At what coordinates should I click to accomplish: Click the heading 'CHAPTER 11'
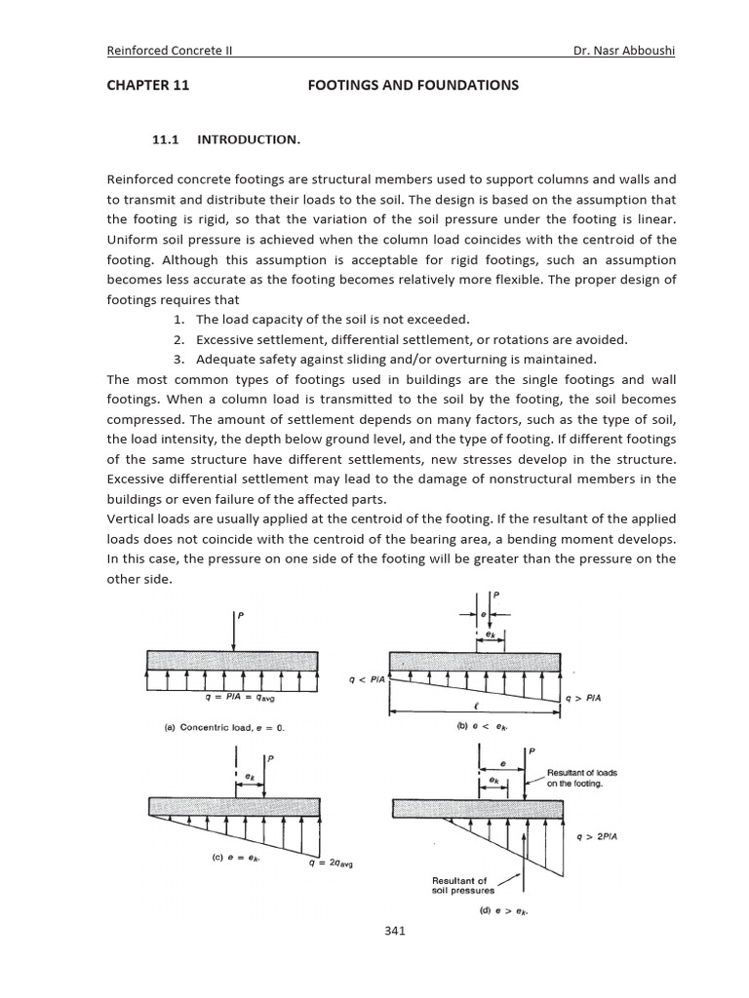pos(147,86)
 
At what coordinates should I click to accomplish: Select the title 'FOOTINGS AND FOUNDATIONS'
pos(414,86)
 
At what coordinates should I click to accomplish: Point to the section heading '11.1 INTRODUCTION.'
pos(226,140)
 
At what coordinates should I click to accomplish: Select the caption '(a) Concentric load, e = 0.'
pos(224,727)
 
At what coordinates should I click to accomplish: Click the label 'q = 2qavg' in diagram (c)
pos(335,862)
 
